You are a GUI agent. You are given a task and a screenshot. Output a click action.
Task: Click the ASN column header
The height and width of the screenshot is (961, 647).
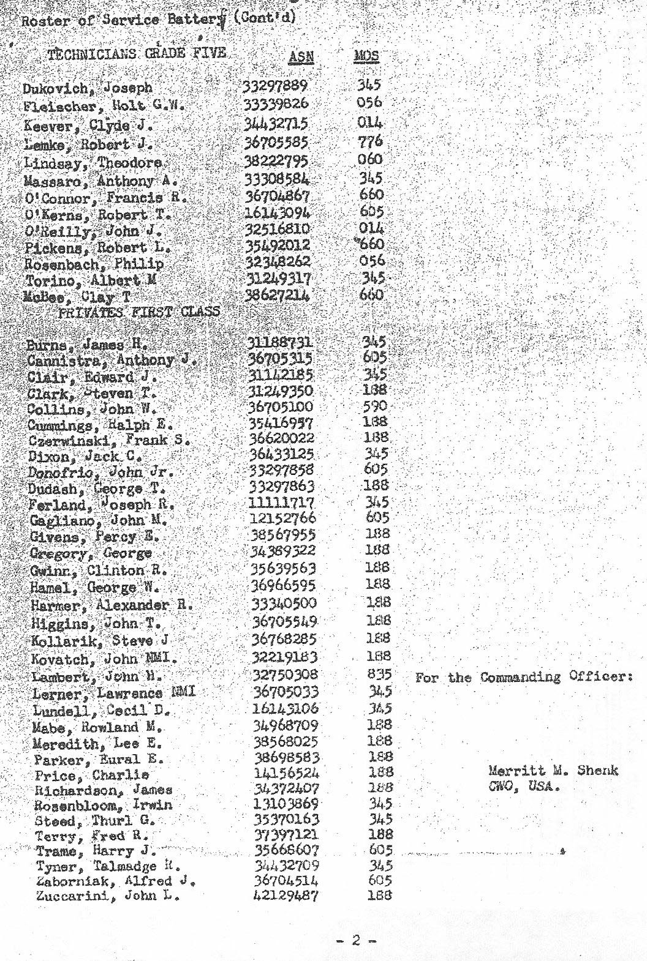click(x=301, y=57)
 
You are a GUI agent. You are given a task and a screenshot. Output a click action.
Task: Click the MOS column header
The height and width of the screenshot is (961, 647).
click(x=366, y=56)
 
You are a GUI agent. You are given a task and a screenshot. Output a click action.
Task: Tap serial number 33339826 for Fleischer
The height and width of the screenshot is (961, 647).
click(x=276, y=103)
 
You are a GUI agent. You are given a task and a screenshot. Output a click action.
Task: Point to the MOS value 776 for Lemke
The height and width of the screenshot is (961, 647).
click(x=370, y=141)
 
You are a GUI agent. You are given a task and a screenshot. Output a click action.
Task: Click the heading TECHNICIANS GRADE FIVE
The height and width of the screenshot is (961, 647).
click(x=137, y=53)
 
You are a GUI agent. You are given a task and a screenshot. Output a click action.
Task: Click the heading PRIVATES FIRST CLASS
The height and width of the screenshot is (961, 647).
click(x=138, y=312)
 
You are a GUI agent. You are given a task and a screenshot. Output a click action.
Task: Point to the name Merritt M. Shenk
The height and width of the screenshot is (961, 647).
click(x=553, y=771)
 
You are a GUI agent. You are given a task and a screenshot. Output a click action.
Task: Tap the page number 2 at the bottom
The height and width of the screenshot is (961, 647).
click(x=356, y=941)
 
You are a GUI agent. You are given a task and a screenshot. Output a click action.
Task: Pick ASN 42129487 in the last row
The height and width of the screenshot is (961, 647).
click(x=286, y=896)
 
